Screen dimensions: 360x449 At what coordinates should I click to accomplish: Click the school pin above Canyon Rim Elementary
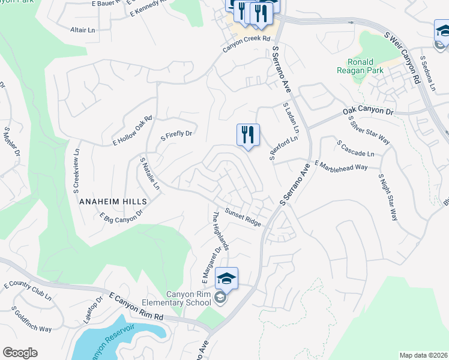click(x=226, y=278)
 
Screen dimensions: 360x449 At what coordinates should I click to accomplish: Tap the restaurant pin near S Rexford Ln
click(x=248, y=136)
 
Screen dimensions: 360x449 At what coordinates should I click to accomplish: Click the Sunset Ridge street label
click(x=243, y=217)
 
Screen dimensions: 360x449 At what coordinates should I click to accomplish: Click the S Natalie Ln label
click(x=149, y=174)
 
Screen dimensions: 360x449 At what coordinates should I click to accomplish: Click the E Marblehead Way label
click(x=341, y=166)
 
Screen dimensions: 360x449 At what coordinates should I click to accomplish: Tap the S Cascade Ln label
click(x=355, y=149)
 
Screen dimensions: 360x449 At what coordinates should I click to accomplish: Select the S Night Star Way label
click(x=388, y=197)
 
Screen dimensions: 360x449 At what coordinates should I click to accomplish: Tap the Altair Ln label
click(x=83, y=29)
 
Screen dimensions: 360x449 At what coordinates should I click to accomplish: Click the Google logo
click(x=20, y=353)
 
